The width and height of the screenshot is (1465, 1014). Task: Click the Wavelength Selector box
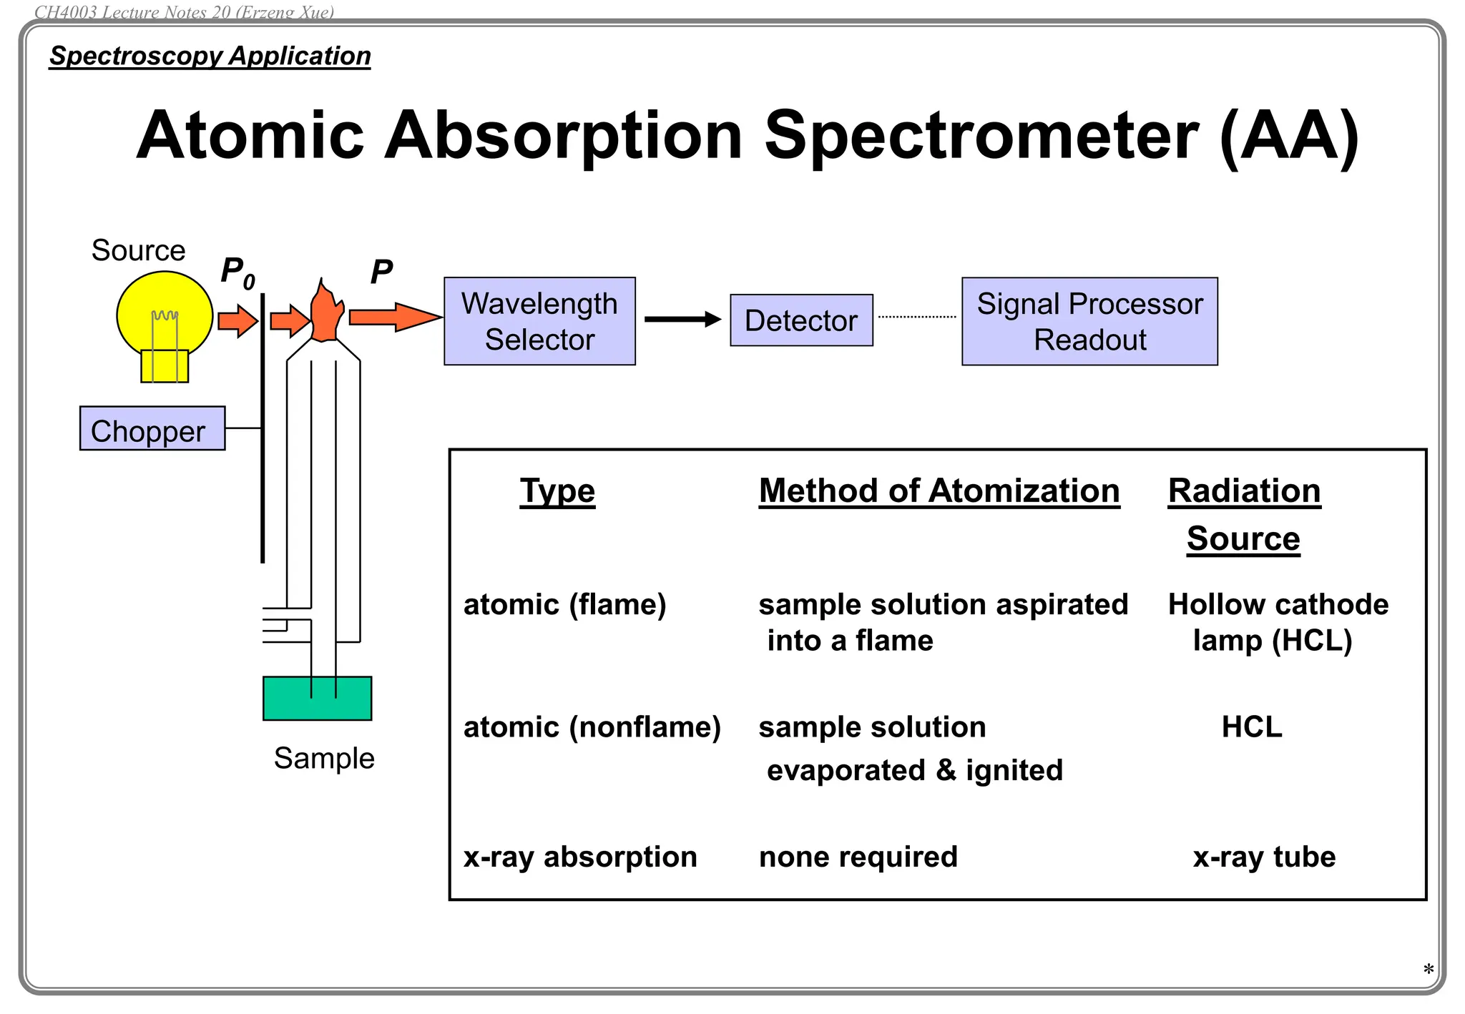click(x=539, y=321)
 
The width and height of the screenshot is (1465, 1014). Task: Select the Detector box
click(x=801, y=320)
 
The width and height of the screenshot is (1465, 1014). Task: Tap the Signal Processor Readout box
click(x=1089, y=321)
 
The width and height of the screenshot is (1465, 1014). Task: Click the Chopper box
click(x=152, y=428)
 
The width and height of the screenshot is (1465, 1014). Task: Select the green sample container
click(x=317, y=699)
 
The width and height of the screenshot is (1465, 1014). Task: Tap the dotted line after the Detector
click(x=917, y=317)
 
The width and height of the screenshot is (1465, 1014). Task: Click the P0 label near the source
click(x=237, y=272)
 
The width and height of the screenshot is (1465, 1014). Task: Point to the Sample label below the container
click(x=324, y=758)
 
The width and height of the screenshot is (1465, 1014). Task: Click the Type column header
click(x=557, y=491)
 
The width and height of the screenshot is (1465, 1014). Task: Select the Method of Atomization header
click(x=939, y=491)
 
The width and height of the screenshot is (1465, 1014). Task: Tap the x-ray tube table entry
click(x=1264, y=857)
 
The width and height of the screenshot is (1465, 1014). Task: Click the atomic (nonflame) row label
click(x=592, y=727)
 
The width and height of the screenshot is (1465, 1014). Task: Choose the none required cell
click(x=858, y=857)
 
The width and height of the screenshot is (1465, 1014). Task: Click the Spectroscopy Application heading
click(x=210, y=56)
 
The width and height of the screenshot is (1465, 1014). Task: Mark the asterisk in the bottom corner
click(x=1428, y=970)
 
